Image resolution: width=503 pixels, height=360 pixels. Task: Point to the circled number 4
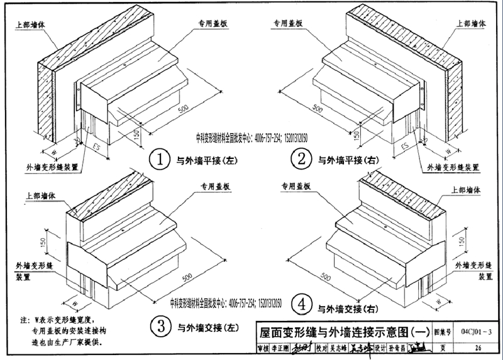point(302,306)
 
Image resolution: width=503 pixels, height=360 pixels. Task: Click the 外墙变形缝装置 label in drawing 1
point(52,168)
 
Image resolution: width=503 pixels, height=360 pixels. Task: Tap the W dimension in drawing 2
point(448,151)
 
